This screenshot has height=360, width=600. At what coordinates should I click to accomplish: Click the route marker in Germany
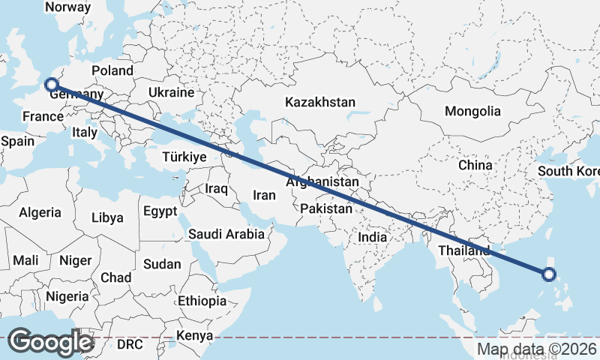click(52, 85)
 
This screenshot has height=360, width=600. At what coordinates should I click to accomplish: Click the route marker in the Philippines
click(549, 274)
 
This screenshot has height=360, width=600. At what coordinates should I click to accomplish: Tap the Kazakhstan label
click(320, 101)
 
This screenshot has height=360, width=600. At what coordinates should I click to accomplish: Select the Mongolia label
click(472, 111)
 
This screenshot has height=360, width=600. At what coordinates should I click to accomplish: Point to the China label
click(475, 164)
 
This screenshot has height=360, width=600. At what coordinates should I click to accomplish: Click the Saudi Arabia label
click(226, 234)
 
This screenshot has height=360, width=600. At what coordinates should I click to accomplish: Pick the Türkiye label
click(184, 157)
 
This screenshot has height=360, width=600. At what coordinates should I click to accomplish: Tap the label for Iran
click(265, 195)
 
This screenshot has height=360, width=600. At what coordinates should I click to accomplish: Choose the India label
click(372, 237)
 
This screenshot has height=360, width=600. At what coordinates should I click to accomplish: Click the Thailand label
click(464, 250)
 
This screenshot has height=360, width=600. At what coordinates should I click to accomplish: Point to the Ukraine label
click(171, 92)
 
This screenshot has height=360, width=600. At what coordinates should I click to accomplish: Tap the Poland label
click(112, 71)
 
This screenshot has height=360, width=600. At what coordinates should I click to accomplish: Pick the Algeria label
click(40, 212)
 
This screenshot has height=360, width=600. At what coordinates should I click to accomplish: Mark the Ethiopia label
click(202, 301)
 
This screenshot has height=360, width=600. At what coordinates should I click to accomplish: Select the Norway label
click(68, 7)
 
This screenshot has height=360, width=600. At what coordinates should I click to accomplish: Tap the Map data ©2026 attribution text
click(536, 349)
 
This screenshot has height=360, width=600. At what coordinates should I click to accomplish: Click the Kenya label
click(194, 335)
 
